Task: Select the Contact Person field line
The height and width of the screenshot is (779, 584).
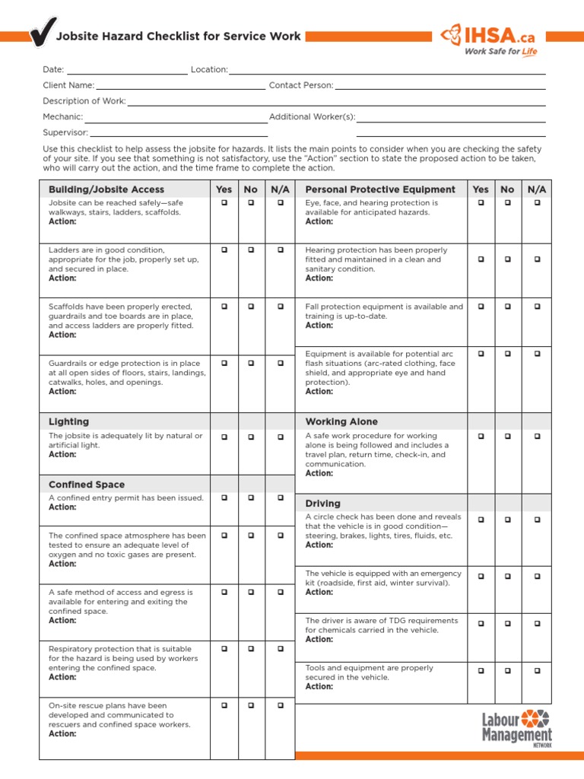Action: tap(440, 90)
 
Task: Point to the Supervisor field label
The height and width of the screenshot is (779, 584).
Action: tap(65, 132)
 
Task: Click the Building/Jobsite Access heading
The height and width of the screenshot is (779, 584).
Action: tap(106, 189)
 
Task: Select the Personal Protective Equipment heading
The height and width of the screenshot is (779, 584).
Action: tap(380, 189)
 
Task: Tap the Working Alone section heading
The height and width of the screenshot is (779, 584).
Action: tap(341, 421)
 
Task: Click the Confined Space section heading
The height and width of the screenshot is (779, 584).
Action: tap(87, 485)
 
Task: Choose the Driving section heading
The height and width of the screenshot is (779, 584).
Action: tap(323, 504)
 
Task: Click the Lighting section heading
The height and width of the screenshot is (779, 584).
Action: tap(68, 421)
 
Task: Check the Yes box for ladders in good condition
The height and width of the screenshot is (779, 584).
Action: tap(224, 250)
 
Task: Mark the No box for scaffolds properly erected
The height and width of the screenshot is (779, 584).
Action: tap(252, 307)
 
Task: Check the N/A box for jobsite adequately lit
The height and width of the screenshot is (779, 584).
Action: tap(281, 437)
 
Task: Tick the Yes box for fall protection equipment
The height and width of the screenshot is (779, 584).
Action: tap(481, 307)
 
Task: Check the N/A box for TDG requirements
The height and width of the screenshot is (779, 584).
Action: tap(537, 623)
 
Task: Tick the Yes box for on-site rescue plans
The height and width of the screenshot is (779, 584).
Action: tap(224, 706)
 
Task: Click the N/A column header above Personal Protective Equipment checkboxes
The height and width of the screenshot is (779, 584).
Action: tap(537, 189)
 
